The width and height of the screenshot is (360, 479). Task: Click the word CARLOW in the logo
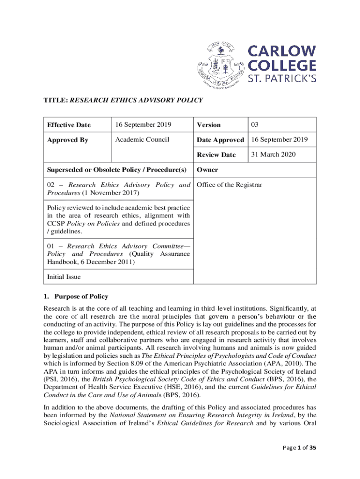coord(281,51)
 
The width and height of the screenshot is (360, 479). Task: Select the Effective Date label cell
coord(69,125)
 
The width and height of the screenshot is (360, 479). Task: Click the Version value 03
coord(255,124)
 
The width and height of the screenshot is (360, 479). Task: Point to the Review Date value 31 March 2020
coord(274,154)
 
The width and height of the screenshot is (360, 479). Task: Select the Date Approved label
coord(220,140)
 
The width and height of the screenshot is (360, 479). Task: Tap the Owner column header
coord(207,169)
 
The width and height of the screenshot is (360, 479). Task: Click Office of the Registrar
coord(230,185)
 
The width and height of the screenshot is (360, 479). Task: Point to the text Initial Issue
coord(64,276)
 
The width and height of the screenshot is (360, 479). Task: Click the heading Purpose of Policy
coord(81,296)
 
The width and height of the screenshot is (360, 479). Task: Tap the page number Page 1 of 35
coord(300,448)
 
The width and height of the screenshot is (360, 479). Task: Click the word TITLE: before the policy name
coord(56,100)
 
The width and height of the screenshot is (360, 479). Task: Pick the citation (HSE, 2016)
coord(185,388)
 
